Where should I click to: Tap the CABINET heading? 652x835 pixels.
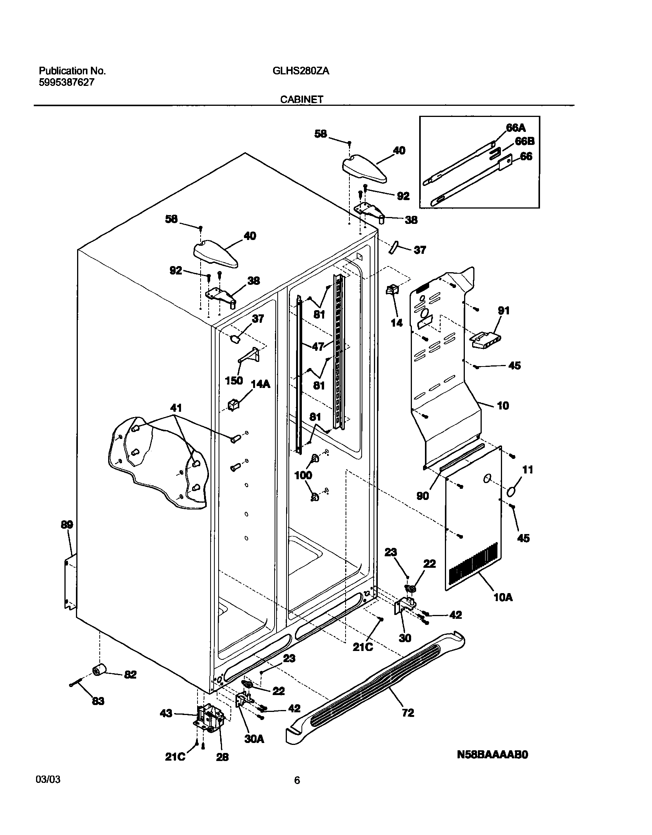(301, 99)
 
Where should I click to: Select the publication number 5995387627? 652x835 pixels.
(66, 82)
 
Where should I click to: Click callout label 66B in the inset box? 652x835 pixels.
(525, 141)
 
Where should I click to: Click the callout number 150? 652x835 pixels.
(234, 380)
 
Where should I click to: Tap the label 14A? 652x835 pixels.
(260, 384)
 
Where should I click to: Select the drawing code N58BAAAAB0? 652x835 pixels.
(492, 754)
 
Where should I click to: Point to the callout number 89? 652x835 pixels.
(67, 524)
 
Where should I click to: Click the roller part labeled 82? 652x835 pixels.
(99, 671)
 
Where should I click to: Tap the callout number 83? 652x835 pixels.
(98, 701)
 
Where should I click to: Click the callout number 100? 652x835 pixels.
(303, 475)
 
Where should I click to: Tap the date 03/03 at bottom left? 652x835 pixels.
(48, 780)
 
